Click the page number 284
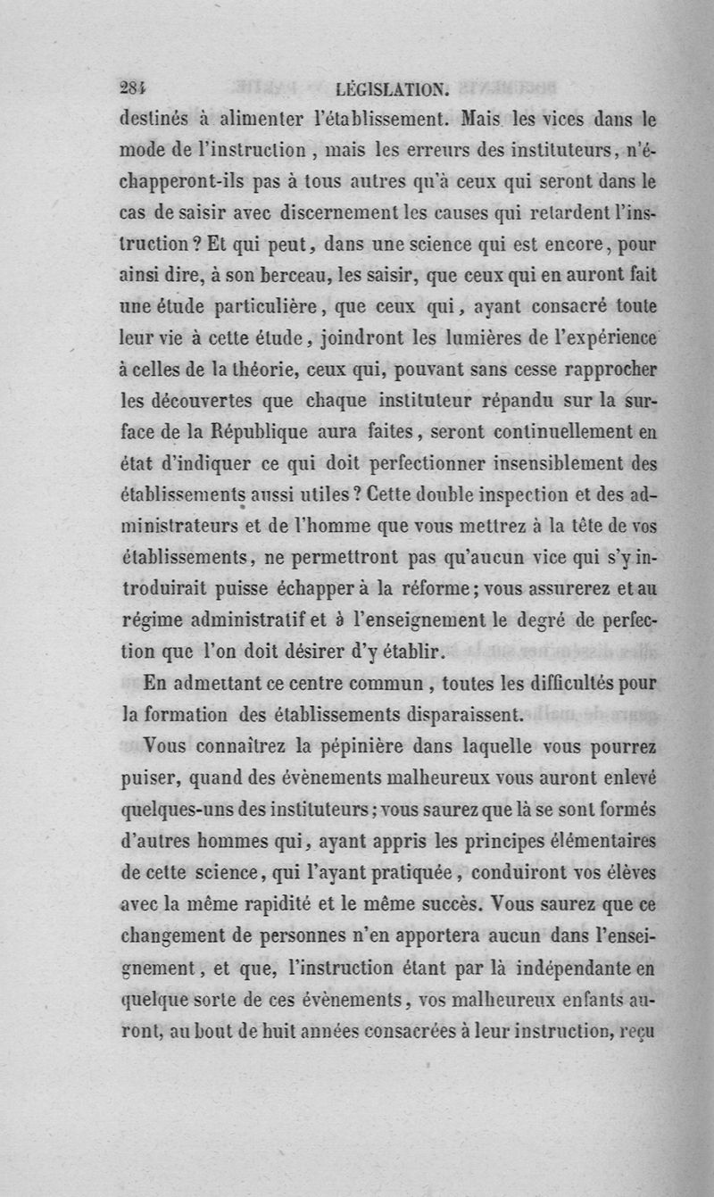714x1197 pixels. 132,87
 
